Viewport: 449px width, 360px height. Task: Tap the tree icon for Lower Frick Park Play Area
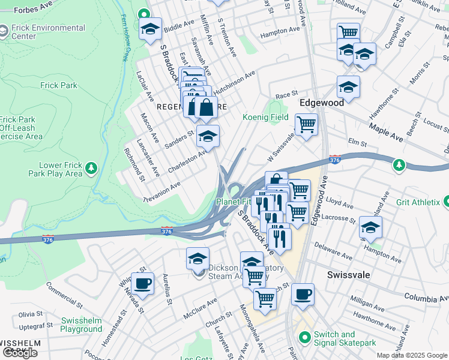(91, 167)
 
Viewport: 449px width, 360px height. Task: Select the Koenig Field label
(265, 118)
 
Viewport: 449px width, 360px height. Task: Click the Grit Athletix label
(417, 203)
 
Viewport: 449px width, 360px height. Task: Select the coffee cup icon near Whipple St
(142, 283)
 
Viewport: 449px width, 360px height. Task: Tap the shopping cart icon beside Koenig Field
(306, 125)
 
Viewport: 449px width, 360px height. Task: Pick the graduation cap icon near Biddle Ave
(150, 28)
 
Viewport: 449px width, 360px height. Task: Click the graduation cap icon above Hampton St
(370, 227)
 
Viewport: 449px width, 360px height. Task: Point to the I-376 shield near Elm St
(335, 160)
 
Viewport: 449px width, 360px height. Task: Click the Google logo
(20, 353)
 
